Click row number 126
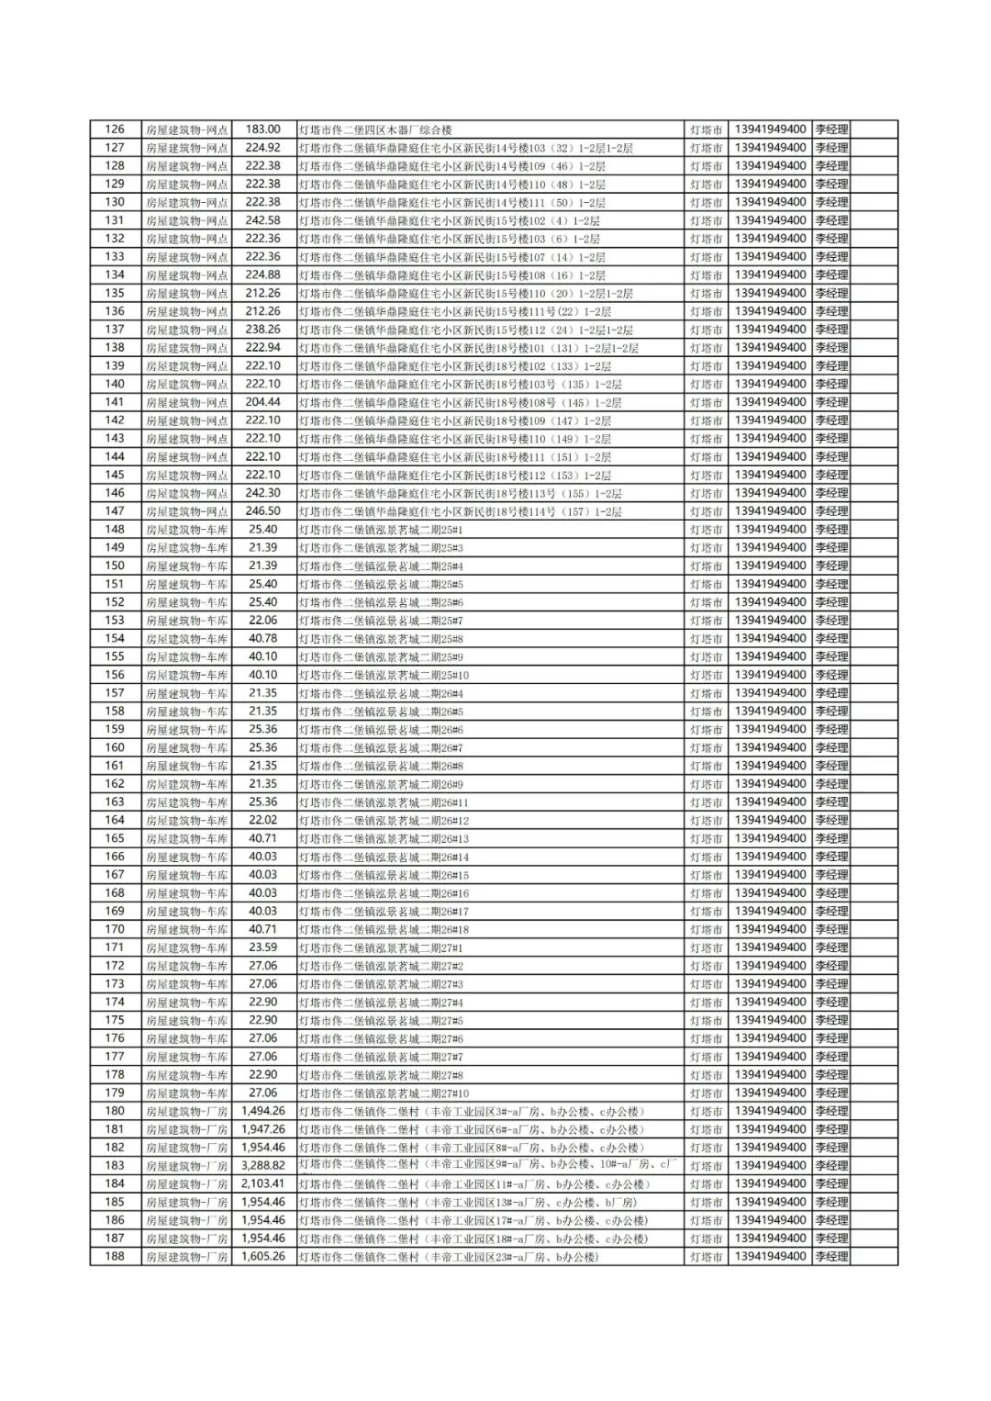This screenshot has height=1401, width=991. point(115,129)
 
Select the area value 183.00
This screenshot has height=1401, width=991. point(262,129)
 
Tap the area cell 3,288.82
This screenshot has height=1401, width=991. point(262,1165)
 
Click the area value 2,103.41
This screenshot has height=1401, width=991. point(262,1183)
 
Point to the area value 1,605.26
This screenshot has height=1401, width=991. point(262,1256)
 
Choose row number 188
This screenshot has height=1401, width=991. point(115,1256)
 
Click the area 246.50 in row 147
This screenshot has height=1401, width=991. point(262,511)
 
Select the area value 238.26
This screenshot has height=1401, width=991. point(262,330)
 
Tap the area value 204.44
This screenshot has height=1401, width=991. point(262,402)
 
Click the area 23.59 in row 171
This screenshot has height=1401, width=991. point(262,947)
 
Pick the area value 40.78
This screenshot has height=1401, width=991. point(262,638)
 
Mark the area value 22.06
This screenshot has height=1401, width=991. point(262,620)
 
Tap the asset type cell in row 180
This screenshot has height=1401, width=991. point(186,1111)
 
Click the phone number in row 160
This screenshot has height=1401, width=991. point(771,747)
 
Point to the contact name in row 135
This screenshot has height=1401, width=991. point(831,293)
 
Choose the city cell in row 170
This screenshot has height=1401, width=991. point(706,929)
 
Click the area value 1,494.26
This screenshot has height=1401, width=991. point(262,1111)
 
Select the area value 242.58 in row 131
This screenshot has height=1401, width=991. point(262,220)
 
